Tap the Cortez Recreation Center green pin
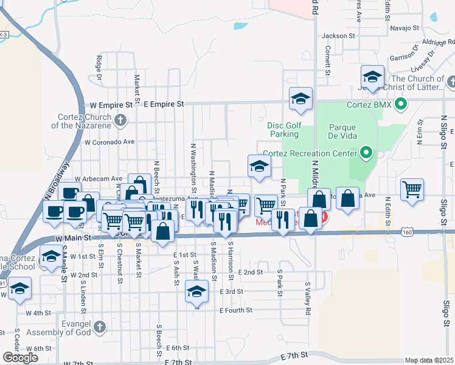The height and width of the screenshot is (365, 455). point(366,153)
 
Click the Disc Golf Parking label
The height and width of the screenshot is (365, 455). point(285,130)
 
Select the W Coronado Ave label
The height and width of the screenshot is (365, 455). point(109,142)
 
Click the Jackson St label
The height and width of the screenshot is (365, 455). point(339,36)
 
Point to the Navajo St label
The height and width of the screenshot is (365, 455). point(405,28)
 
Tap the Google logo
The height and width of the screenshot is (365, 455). point(20,358)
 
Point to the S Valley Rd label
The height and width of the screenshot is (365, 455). point(308,298)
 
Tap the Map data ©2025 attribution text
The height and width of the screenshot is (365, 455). point(429,360)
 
